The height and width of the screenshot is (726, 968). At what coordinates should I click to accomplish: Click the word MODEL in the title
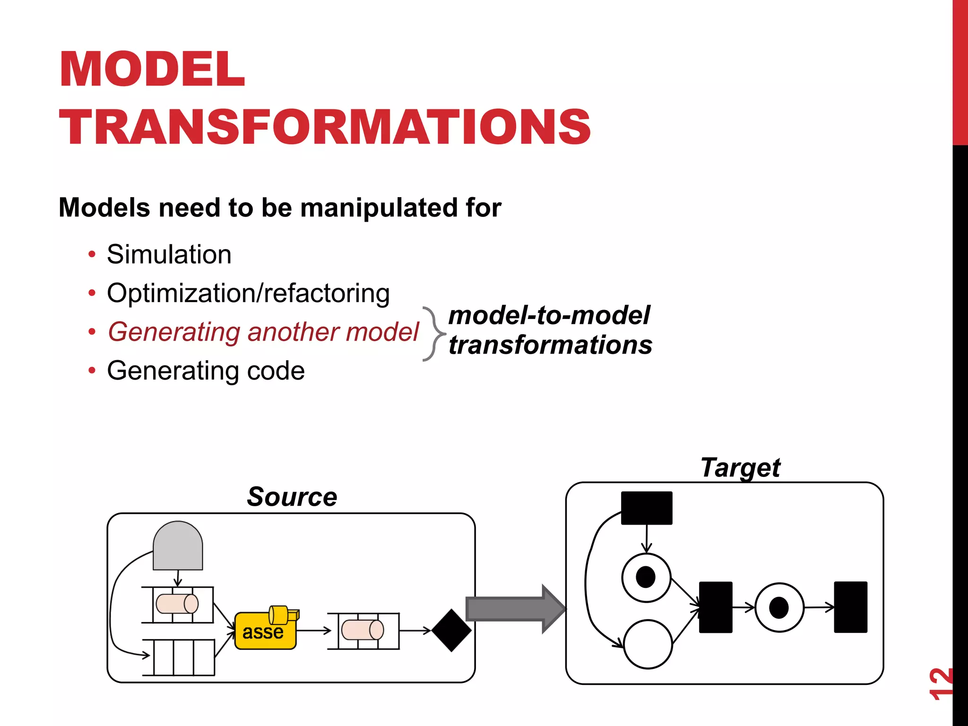click(x=152, y=69)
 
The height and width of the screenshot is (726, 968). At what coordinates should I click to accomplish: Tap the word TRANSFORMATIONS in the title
click(x=325, y=127)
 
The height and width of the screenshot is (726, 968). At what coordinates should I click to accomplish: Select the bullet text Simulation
click(x=169, y=254)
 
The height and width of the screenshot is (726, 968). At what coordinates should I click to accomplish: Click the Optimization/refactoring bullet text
click(x=248, y=293)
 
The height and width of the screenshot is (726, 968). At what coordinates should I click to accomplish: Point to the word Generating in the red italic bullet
click(x=174, y=332)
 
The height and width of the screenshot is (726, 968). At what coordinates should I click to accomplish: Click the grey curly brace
click(x=432, y=334)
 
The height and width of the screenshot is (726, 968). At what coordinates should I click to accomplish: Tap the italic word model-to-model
click(x=549, y=315)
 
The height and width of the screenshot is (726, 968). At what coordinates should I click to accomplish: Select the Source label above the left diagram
click(x=292, y=497)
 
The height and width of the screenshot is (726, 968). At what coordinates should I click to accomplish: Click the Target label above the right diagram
click(x=740, y=468)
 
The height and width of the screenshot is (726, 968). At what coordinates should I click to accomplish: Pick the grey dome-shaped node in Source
click(x=178, y=546)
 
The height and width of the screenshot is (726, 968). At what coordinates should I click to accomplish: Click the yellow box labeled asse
click(x=265, y=631)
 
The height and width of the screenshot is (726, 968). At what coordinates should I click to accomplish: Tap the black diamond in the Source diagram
click(x=451, y=630)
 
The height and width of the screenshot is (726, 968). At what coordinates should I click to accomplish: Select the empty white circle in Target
click(x=648, y=644)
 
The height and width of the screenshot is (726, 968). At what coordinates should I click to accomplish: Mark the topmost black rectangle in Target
click(x=646, y=508)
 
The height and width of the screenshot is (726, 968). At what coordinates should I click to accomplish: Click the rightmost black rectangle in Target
click(x=850, y=607)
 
